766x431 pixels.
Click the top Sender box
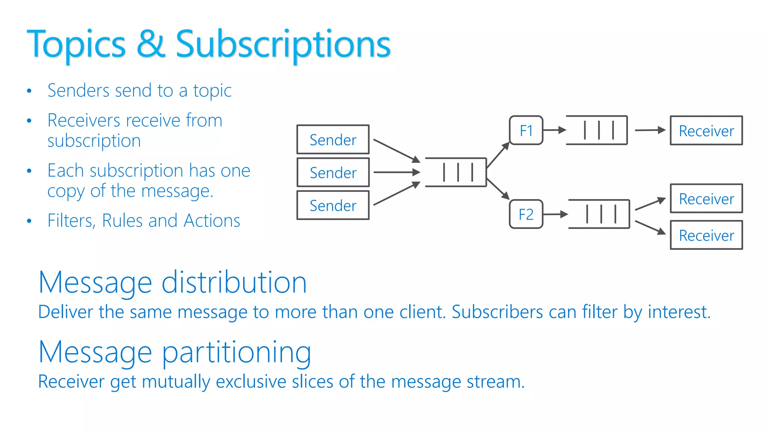pos(333,140)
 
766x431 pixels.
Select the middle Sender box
pos(333,172)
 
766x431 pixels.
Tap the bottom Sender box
pos(333,205)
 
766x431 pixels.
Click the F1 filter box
pos(526,131)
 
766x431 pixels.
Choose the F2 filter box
pos(526,214)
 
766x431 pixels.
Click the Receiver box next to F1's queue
pos(706,131)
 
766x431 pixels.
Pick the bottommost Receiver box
pos(706,235)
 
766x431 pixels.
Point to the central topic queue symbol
pos(456,172)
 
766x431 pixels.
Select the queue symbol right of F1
pos(597,130)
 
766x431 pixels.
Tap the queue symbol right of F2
pos(600,214)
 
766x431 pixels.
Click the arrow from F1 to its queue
pos(554,130)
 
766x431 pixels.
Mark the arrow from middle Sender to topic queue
pos(396,172)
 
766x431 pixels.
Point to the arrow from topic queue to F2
pos(498,189)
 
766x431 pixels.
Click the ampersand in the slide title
pos(151,44)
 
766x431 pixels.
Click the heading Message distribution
pos(172,282)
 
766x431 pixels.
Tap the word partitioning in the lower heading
pos(236,352)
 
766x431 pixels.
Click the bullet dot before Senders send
pos(29,91)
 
